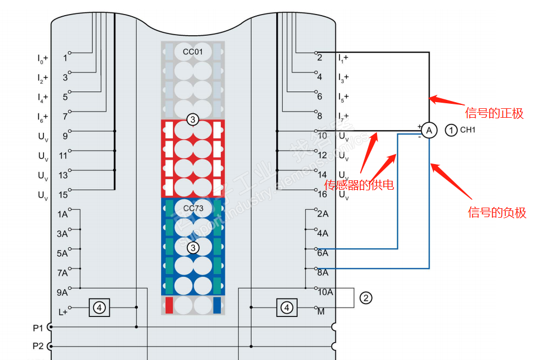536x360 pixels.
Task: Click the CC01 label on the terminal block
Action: pyautogui.click(x=193, y=52)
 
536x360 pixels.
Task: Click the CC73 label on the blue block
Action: pyautogui.click(x=193, y=208)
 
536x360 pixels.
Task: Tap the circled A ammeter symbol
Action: pyautogui.click(x=428, y=131)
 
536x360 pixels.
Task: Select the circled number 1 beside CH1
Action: pyautogui.click(x=451, y=130)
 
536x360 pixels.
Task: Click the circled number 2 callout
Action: pyautogui.click(x=366, y=298)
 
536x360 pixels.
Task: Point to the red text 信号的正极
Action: pyautogui.click(x=495, y=113)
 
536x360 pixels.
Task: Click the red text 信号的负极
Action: pyautogui.click(x=496, y=213)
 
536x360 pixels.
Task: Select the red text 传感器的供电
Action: pyautogui.click(x=359, y=185)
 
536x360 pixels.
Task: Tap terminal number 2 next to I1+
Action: pyautogui.click(x=319, y=57)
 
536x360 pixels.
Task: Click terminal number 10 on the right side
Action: pyautogui.click(x=322, y=135)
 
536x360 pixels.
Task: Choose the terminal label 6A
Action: pyautogui.click(x=322, y=253)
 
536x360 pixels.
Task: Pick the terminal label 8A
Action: pyautogui.click(x=322, y=272)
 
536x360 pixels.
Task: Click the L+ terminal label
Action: pyautogui.click(x=62, y=312)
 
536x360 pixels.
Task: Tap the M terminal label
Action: pyautogui.click(x=321, y=311)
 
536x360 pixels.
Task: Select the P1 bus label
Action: pyautogui.click(x=38, y=327)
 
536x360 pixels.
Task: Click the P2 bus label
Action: pyautogui.click(x=38, y=346)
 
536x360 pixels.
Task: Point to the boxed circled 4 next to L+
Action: pyautogui.click(x=99, y=307)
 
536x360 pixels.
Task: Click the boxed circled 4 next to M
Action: pyautogui.click(x=287, y=307)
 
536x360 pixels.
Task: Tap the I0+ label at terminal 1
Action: pyautogui.click(x=42, y=57)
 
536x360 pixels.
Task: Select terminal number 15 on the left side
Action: pyautogui.click(x=63, y=195)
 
